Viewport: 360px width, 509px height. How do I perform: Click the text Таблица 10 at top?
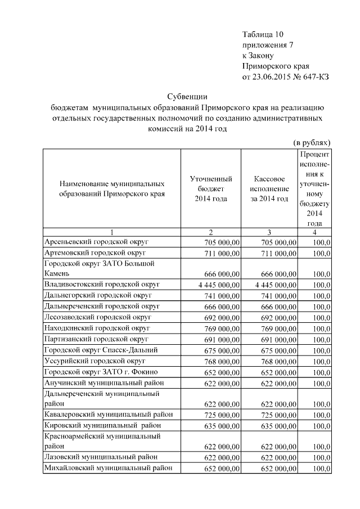pyautogui.click(x=264, y=34)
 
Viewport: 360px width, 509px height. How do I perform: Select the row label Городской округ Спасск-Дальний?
pyautogui.click(x=101, y=350)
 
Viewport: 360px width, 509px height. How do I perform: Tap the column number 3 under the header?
pyautogui.click(x=268, y=232)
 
